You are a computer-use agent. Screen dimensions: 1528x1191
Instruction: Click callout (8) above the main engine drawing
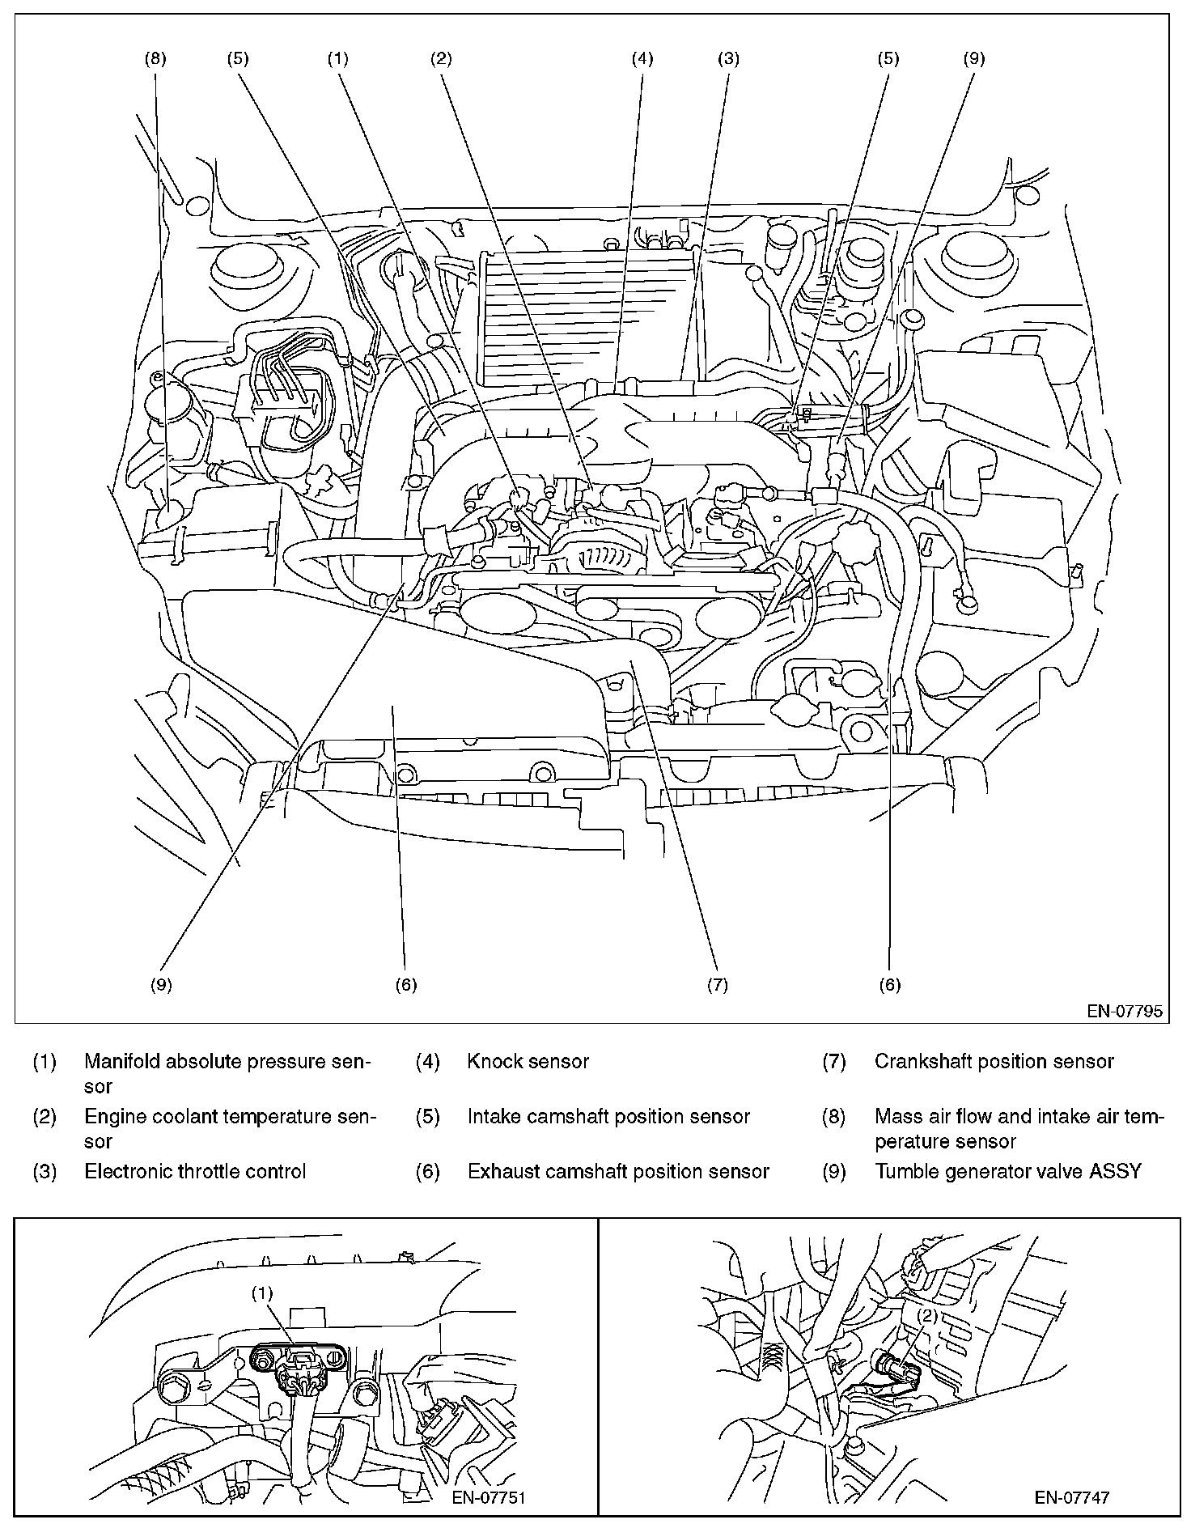(156, 58)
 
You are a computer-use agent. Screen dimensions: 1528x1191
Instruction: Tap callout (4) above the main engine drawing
(642, 58)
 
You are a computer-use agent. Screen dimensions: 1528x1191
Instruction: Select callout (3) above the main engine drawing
(728, 58)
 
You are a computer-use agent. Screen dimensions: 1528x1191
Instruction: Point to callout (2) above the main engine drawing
(441, 58)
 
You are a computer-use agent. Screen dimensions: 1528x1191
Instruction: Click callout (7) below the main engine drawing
(717, 984)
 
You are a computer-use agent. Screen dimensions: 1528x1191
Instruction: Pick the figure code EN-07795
(1125, 1011)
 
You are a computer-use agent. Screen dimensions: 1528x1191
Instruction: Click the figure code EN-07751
(489, 1497)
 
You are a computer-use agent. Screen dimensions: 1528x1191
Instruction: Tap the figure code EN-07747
(1072, 1497)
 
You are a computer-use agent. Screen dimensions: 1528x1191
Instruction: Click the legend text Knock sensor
(528, 1061)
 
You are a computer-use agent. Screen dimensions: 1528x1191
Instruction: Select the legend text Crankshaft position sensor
(994, 1061)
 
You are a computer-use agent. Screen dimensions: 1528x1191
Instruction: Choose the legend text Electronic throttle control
(195, 1171)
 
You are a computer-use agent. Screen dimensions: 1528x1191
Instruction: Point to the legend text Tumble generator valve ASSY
(1007, 1171)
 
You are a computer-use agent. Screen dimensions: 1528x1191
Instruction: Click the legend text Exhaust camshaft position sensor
(618, 1171)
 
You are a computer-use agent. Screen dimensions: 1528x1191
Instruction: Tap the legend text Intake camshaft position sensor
(608, 1116)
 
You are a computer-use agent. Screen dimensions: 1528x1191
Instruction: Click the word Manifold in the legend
(122, 1061)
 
